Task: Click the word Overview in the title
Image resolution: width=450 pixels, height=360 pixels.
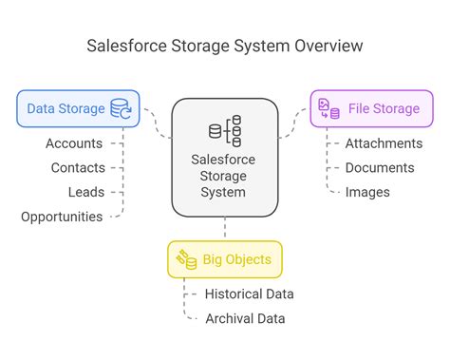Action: coord(327,46)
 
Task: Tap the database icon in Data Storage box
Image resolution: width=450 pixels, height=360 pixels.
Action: coord(122,108)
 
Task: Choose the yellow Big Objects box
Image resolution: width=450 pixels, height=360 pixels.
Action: coord(225,259)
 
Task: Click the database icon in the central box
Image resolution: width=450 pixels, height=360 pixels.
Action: coord(225,130)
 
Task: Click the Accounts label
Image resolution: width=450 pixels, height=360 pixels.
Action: coord(74,143)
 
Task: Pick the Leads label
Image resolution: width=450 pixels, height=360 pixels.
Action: coord(86,192)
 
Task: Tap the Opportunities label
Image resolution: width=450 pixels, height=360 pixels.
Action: coord(62,217)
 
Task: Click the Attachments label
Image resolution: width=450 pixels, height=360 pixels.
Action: coord(384,143)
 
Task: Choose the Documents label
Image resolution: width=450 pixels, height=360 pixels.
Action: coord(380,167)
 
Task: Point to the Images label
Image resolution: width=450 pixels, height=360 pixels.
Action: coord(366,192)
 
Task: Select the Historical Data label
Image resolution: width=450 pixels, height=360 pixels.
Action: coord(250,294)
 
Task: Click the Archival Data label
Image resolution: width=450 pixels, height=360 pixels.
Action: coord(245,318)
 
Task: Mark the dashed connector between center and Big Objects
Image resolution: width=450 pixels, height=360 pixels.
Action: coord(225,228)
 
